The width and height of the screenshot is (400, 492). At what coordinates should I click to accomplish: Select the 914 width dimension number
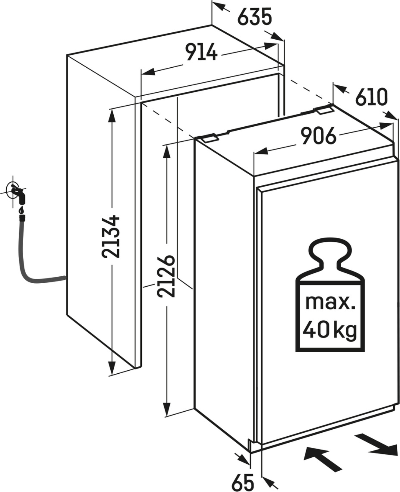[x=202, y=52]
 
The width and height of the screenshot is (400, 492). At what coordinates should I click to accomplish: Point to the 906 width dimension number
[x=319, y=136]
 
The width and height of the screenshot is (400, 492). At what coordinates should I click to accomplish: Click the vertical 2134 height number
[x=111, y=236]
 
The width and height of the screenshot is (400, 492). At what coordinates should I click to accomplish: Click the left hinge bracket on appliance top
[x=210, y=138]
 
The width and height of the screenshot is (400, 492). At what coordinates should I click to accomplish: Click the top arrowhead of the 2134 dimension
[x=111, y=116]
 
